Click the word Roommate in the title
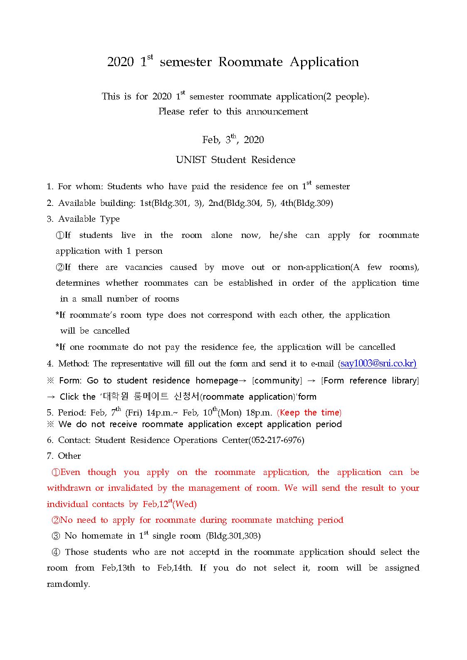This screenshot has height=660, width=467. tap(250, 62)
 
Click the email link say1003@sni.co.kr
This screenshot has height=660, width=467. tap(378, 363)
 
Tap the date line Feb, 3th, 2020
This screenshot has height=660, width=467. tap(233, 140)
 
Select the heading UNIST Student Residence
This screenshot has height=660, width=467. tap(235, 160)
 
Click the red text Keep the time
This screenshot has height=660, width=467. tap(309, 413)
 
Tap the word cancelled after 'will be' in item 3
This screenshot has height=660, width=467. tap(111, 331)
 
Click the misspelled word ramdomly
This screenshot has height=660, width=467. tap(68, 584)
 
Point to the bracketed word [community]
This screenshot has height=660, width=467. tap(277, 381)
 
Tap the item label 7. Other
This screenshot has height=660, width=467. tap(64, 456)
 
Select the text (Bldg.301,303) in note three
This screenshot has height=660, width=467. tap(233, 536)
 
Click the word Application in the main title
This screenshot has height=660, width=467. tap(324, 62)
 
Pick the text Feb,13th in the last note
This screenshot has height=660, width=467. tap(118, 568)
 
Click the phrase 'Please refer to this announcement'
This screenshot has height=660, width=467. tap(233, 111)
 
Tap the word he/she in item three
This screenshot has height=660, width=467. tap(283, 235)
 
